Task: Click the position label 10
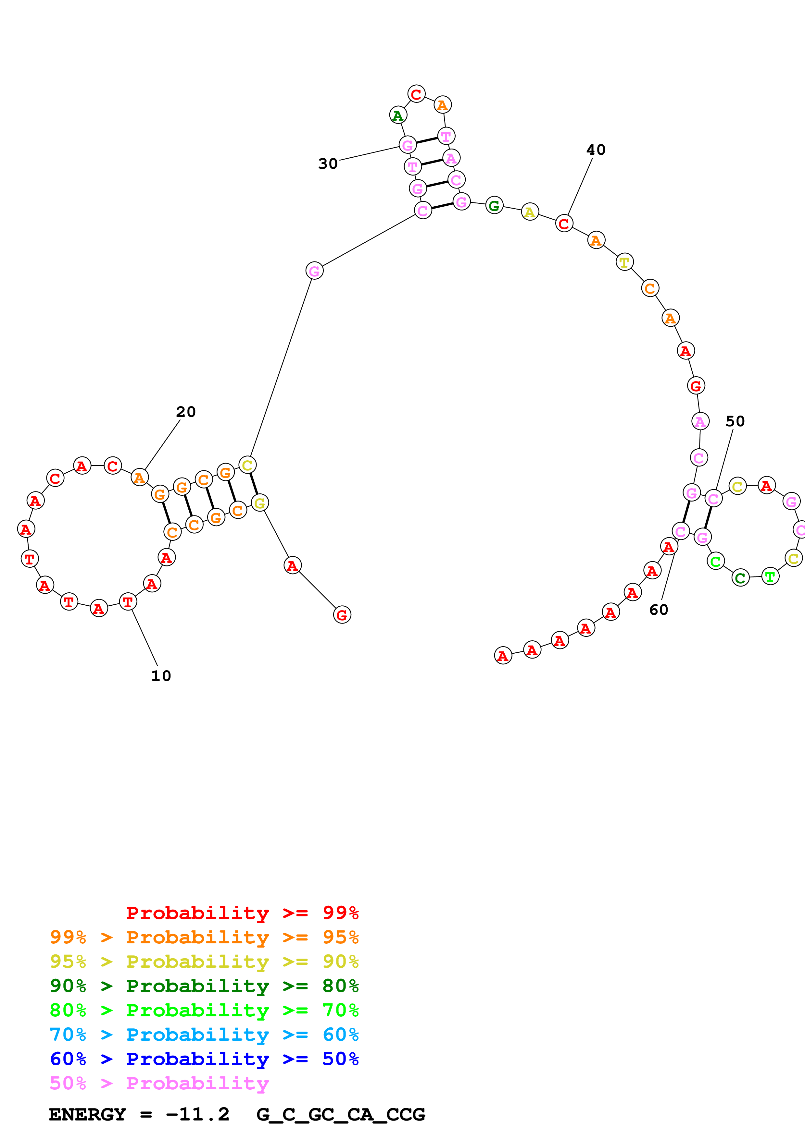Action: click(161, 676)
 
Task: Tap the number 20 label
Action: click(186, 412)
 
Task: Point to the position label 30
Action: click(328, 163)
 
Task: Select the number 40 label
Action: click(596, 150)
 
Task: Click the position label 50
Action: click(735, 421)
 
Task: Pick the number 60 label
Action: click(659, 610)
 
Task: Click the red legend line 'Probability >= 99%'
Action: click(243, 913)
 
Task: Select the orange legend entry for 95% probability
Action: click(204, 937)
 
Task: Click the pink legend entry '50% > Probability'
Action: click(159, 1083)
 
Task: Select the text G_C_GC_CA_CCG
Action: click(341, 1115)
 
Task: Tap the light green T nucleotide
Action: click(770, 576)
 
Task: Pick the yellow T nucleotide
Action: click(624, 262)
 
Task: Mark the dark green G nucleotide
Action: click(494, 205)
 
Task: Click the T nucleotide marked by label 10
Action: click(128, 602)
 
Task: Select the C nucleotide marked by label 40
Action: click(564, 224)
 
